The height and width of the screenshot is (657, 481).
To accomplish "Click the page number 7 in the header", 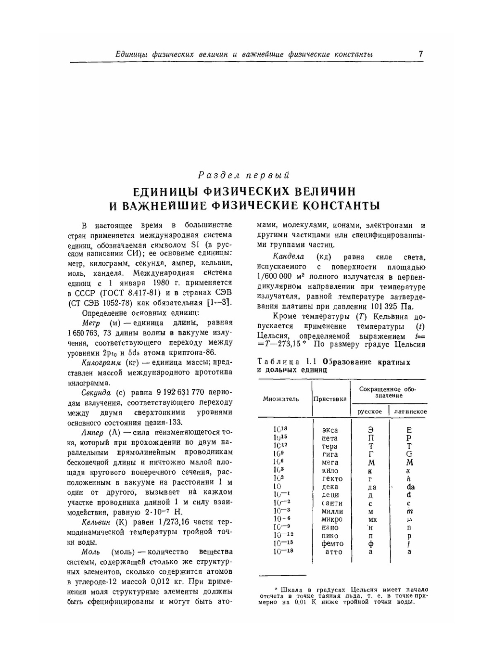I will click(420, 54).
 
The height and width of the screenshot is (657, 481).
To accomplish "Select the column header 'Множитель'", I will click(280, 399).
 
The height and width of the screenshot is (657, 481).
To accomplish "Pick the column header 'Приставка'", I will click(330, 399).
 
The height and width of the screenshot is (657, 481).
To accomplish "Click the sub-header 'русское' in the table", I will click(369, 412).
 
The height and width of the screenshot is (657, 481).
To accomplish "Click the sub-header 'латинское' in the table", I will click(410, 412).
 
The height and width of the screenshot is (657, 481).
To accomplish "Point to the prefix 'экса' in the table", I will click(330, 430).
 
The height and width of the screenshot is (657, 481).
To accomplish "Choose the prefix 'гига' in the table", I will click(330, 454).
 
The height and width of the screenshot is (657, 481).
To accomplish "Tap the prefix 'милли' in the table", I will click(332, 511).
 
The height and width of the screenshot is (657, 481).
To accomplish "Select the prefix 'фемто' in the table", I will click(332, 543).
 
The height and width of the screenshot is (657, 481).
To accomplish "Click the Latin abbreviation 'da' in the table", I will click(410, 487).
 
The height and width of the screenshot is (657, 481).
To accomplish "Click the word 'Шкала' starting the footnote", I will click(289, 589).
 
